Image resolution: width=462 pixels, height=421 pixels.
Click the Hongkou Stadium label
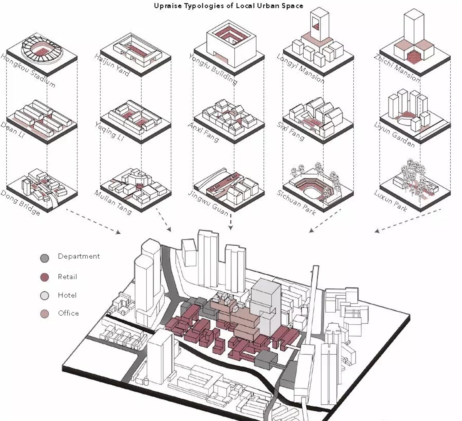pyautogui.click(x=28, y=70)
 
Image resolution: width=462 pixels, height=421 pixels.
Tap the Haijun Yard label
pyautogui.click(x=112, y=65)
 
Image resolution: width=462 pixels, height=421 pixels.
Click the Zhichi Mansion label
pyautogui.click(x=397, y=68)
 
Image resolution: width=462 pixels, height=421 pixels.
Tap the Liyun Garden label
pyautogui.click(x=395, y=135)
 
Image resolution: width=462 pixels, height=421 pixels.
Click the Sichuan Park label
pyautogui.click(x=296, y=203)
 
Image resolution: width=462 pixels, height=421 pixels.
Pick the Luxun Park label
pyautogui.click(x=391, y=201)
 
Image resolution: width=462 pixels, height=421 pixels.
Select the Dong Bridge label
pyautogui.click(x=20, y=203)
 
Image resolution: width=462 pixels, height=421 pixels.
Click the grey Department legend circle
pyautogui.click(x=45, y=258)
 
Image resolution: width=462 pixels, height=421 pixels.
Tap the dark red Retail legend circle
pyautogui.click(x=45, y=277)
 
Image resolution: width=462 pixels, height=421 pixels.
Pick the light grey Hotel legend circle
pyautogui.click(x=45, y=296)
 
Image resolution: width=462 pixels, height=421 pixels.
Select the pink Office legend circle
pyautogui.click(x=45, y=314)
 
